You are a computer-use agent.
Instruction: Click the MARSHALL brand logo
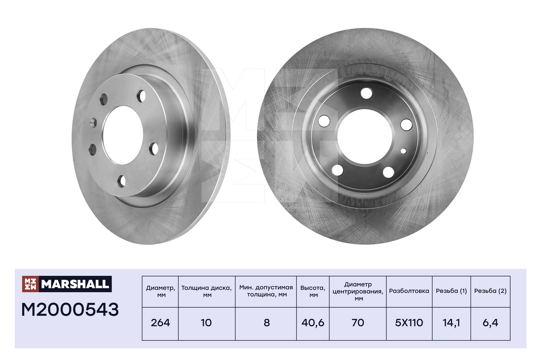[x=67, y=284]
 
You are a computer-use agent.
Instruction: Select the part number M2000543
[x=70, y=310]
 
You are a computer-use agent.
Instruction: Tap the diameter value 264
[x=160, y=323]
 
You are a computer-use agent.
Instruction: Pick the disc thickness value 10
[x=207, y=323]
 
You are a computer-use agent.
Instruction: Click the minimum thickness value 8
[x=266, y=323]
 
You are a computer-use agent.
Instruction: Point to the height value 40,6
[x=313, y=323]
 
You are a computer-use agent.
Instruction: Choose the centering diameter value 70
[x=358, y=323]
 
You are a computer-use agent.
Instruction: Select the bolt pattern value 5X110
[x=409, y=323]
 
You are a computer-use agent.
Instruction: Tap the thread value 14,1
[x=451, y=323]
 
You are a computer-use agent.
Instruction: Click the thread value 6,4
[x=490, y=323]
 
